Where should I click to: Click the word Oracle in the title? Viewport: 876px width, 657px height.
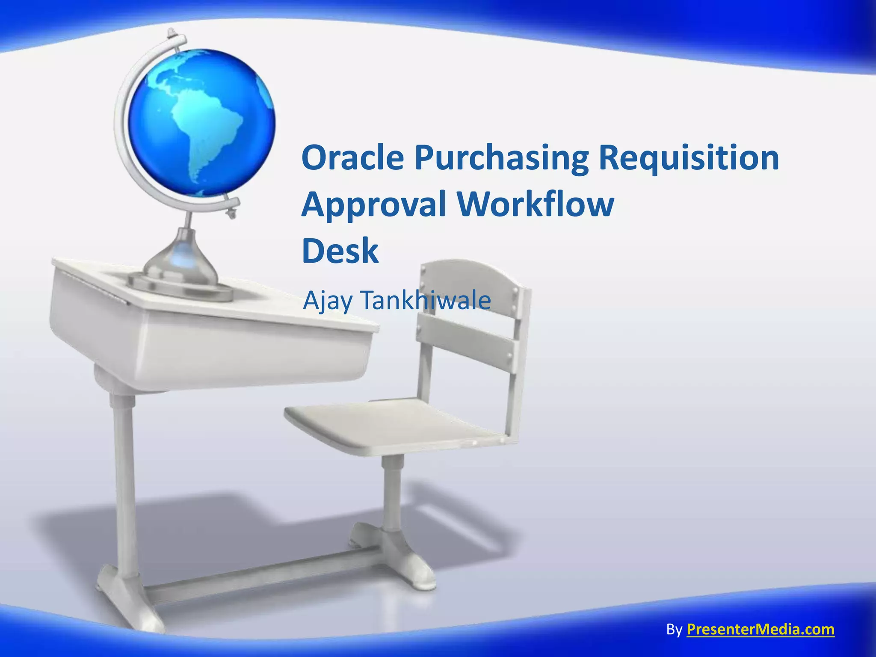click(353, 157)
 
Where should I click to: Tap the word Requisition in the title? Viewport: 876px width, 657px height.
click(689, 158)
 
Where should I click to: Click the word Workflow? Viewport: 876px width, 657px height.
click(536, 204)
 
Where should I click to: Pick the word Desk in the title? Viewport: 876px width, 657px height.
click(340, 251)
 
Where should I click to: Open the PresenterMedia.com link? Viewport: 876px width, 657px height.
click(760, 629)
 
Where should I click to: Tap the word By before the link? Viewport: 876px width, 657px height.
click(674, 630)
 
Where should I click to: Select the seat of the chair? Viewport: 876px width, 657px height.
click(394, 423)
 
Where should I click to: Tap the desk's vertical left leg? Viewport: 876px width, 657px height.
click(124, 479)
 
